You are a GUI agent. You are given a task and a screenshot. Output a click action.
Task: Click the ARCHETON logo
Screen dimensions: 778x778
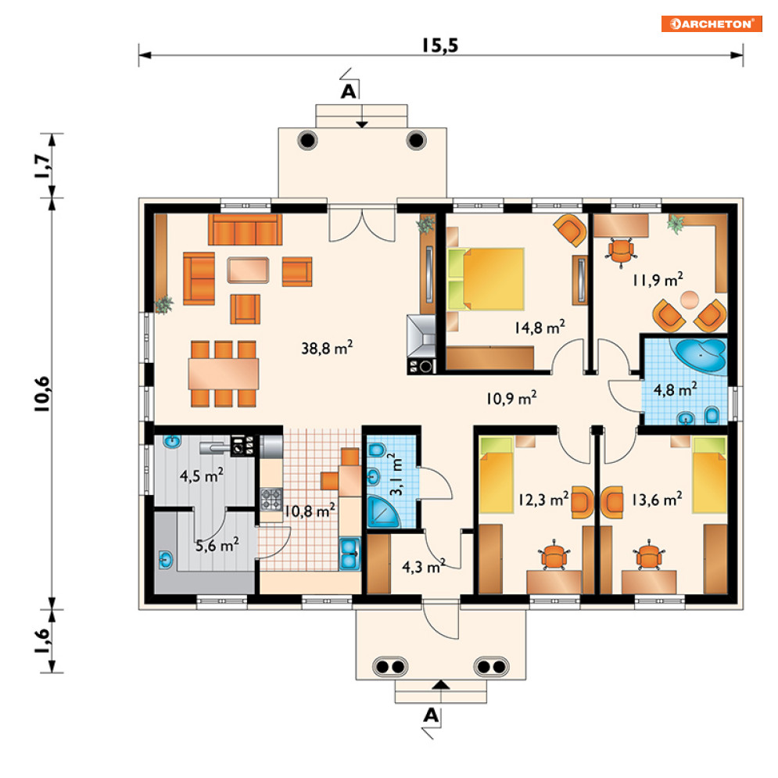[x=711, y=23]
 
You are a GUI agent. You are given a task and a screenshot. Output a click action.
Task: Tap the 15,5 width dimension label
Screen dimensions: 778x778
[x=440, y=45]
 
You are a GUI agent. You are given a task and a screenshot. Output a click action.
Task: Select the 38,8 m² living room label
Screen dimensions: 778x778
[x=327, y=347]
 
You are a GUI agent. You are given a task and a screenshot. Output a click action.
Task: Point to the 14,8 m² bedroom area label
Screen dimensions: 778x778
[x=540, y=327]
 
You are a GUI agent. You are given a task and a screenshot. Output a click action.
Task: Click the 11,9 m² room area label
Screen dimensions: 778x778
[x=658, y=280]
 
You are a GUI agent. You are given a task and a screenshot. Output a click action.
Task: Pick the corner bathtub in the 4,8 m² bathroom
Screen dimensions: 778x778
[x=698, y=354]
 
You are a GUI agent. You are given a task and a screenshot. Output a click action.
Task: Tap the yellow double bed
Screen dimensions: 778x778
[x=486, y=279]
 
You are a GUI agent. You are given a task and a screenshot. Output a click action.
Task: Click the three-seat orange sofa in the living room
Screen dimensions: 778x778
[x=245, y=230]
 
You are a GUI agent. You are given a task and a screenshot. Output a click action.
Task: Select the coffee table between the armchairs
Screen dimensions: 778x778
[x=248, y=270]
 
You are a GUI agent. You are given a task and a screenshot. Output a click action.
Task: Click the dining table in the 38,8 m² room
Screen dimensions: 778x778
[x=224, y=374]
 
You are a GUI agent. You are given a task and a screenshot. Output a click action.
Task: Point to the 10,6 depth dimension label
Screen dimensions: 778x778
[x=43, y=394]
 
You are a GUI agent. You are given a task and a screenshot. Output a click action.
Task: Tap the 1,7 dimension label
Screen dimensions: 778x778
[x=43, y=167]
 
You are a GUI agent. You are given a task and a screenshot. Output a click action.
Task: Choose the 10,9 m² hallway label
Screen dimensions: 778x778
[x=511, y=398]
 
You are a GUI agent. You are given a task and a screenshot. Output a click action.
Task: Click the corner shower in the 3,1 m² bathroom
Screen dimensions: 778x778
[x=382, y=511]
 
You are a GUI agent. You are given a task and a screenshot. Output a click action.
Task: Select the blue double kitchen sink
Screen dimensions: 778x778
[x=350, y=554]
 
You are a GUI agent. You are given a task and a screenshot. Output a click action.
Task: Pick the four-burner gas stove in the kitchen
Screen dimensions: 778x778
[x=271, y=499]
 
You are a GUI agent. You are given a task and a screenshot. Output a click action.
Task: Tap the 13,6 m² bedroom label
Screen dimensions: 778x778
[x=657, y=499]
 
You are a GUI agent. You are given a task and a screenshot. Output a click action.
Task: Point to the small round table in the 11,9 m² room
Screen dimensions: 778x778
[x=689, y=300]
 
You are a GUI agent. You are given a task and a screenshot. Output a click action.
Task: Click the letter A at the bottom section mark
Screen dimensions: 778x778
[x=431, y=715]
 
